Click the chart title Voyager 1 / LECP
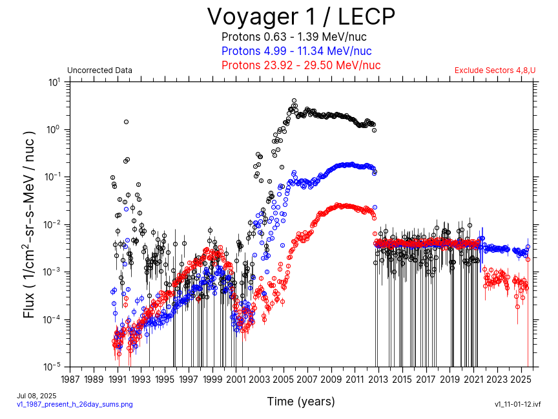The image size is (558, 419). pyautogui.click(x=300, y=16)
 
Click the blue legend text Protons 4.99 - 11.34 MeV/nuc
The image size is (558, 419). pyautogui.click(x=296, y=51)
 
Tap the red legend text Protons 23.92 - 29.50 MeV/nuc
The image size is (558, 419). pyautogui.click(x=301, y=65)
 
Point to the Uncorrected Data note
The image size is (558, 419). pyautogui.click(x=99, y=70)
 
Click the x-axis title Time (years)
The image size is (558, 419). pyautogui.click(x=301, y=402)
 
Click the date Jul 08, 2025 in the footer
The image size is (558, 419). pyautogui.click(x=37, y=396)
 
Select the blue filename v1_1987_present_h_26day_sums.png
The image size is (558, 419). pyautogui.click(x=74, y=404)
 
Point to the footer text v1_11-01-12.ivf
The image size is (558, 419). pyautogui.click(x=517, y=404)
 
